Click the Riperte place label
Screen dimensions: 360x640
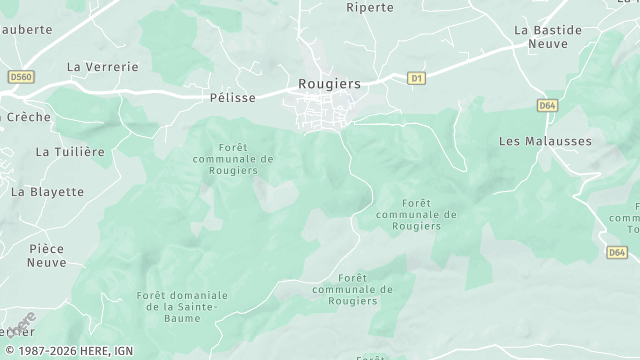click(370, 7)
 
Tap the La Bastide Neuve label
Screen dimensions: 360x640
click(547, 38)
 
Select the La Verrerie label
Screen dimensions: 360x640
click(102, 66)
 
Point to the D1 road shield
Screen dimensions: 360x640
click(417, 77)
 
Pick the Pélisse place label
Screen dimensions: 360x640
click(234, 97)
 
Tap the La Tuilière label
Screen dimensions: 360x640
click(70, 152)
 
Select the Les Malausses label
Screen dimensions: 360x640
click(545, 141)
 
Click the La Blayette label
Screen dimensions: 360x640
click(47, 191)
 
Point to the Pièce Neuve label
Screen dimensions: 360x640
click(47, 255)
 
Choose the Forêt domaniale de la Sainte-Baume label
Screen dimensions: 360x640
click(182, 301)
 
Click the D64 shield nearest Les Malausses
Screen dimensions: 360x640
click(547, 104)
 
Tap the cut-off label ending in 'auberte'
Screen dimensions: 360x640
click(26, 30)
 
